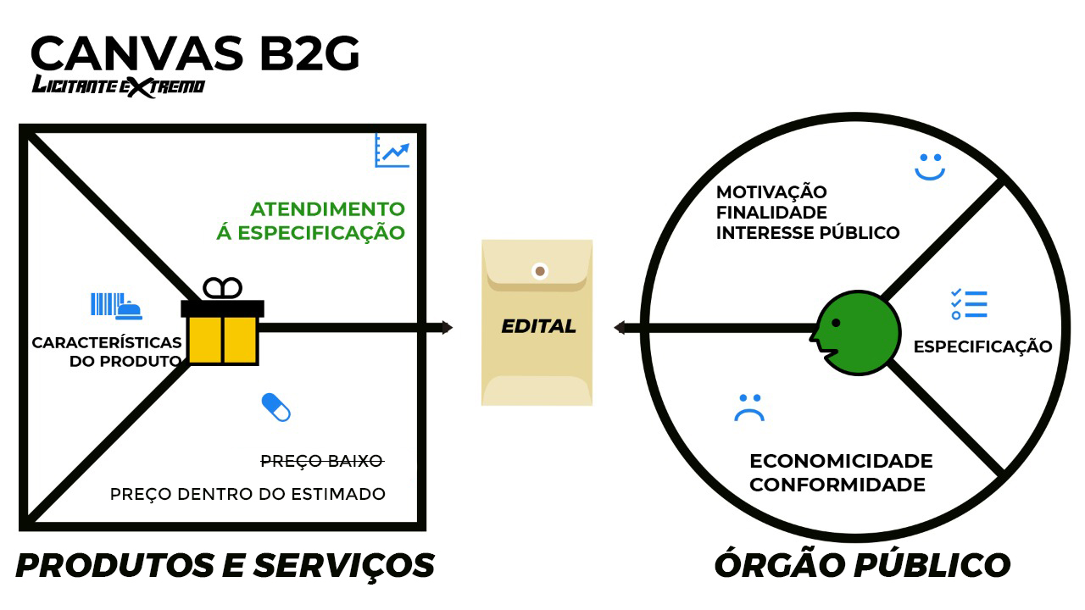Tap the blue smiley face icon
(x=929, y=166)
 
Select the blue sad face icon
(x=749, y=408)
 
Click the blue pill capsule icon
(x=276, y=408)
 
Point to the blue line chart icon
(x=392, y=151)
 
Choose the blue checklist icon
(x=969, y=304)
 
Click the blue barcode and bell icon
(x=116, y=306)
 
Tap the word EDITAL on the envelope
(x=537, y=326)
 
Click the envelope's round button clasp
(x=539, y=272)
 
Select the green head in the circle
(x=857, y=332)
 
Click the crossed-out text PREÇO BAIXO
(x=321, y=462)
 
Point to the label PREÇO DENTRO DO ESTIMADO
(x=248, y=494)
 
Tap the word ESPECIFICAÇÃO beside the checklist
(x=982, y=347)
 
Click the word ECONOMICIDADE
(x=841, y=462)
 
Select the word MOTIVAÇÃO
(x=771, y=192)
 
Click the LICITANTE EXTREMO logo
(x=118, y=86)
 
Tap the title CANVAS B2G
(x=195, y=53)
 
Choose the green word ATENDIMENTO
(x=327, y=208)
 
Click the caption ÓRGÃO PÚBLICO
(x=862, y=565)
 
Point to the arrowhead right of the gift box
(x=446, y=328)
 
